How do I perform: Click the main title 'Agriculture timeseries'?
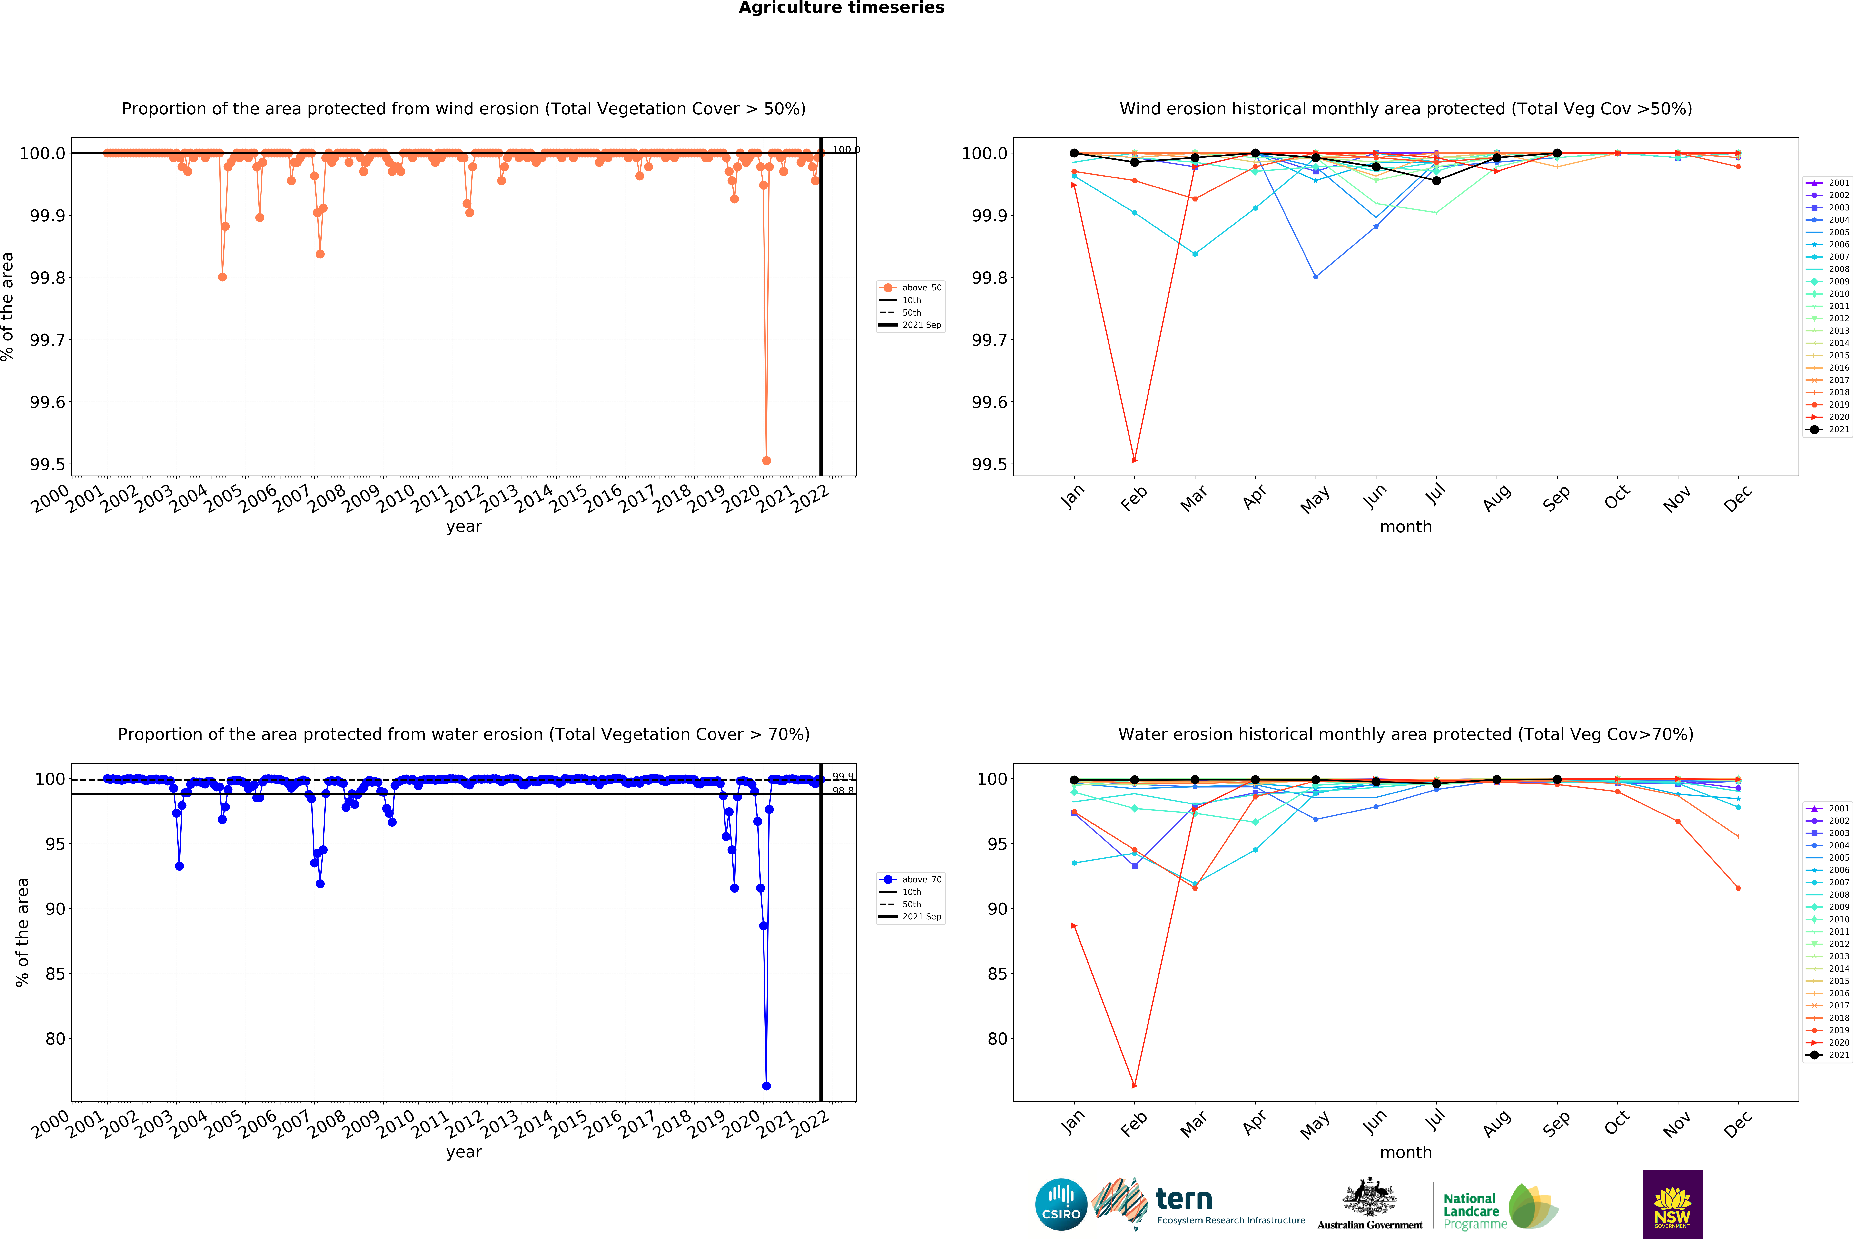pos(841,8)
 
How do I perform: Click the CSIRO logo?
pos(1060,1204)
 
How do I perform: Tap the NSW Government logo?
pos(1672,1204)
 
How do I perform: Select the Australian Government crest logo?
pos(1369,1204)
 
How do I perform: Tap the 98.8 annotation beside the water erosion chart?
pos(843,790)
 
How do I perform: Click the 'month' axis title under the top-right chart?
pos(1406,527)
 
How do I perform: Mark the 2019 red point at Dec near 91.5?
pos(1738,888)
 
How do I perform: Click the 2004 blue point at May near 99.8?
pos(1316,277)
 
